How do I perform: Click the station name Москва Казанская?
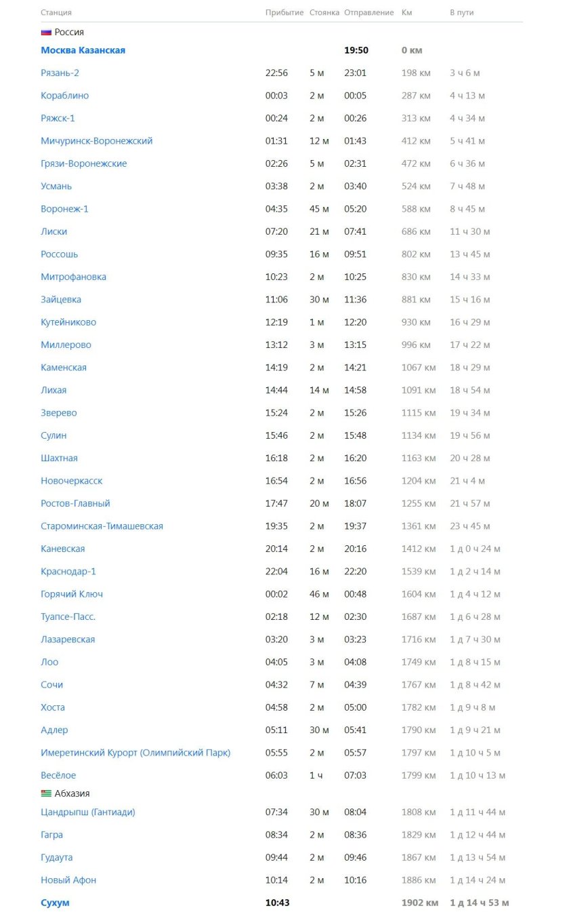tap(83, 50)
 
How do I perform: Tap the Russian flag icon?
tap(46, 32)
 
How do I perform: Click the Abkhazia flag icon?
tap(46, 793)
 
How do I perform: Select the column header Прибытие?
tap(284, 13)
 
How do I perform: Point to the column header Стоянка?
tap(324, 13)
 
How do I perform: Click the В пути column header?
tap(461, 13)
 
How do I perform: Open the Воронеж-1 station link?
tap(64, 209)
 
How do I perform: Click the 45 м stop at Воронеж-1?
tap(319, 209)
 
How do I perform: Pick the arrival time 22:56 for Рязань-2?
tap(276, 73)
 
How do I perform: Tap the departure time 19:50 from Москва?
tap(356, 50)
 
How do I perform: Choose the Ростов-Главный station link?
tap(75, 503)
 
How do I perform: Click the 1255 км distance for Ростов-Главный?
tap(419, 503)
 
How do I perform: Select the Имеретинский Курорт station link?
tap(135, 753)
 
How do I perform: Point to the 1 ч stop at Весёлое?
tap(316, 775)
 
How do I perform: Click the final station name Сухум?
tap(55, 903)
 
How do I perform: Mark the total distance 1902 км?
tap(419, 903)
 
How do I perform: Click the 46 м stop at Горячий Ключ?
tap(319, 594)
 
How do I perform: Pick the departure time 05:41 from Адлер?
tap(355, 730)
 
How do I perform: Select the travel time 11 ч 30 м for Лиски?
tap(469, 232)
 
